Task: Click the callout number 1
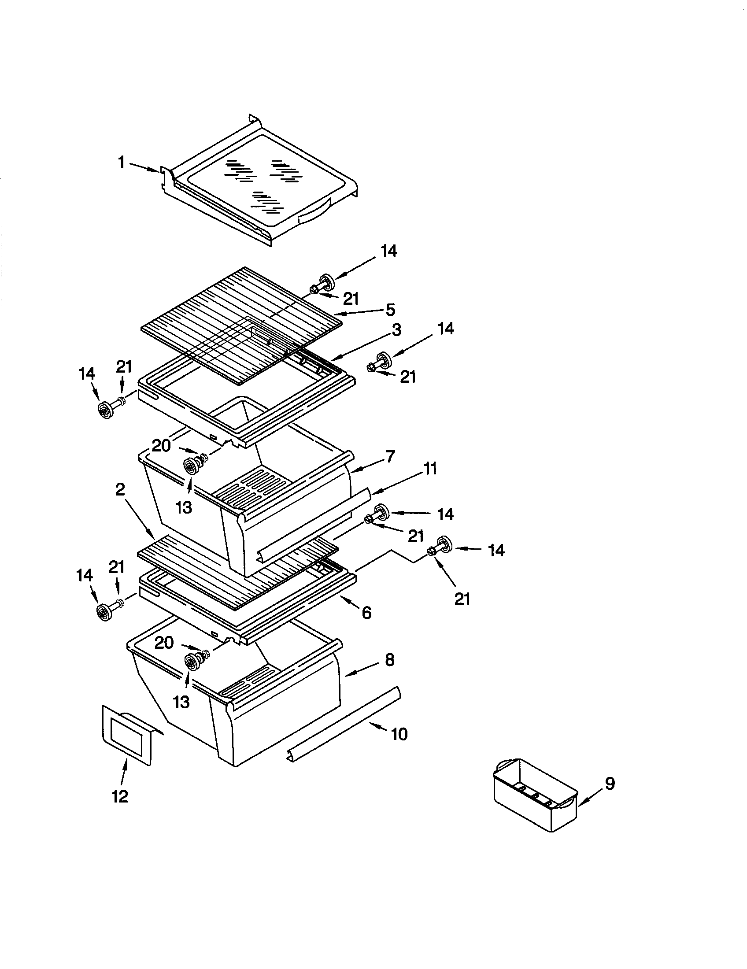point(121,163)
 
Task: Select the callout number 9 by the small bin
point(610,784)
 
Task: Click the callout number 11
point(430,468)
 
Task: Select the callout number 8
point(389,660)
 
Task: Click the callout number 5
point(390,309)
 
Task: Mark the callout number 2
point(120,489)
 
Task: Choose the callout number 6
point(366,613)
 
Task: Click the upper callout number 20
point(161,445)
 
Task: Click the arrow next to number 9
point(588,799)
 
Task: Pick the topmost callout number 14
point(388,251)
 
